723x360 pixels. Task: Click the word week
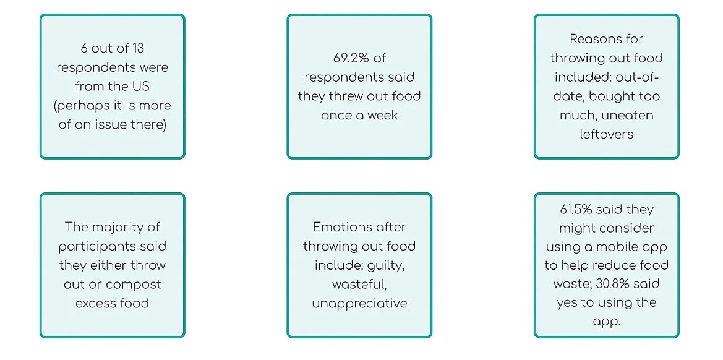[382, 116]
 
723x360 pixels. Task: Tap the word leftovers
[606, 134]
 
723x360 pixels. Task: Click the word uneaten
[628, 115]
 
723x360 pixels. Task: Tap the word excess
[93, 304]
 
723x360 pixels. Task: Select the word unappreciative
[359, 304]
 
